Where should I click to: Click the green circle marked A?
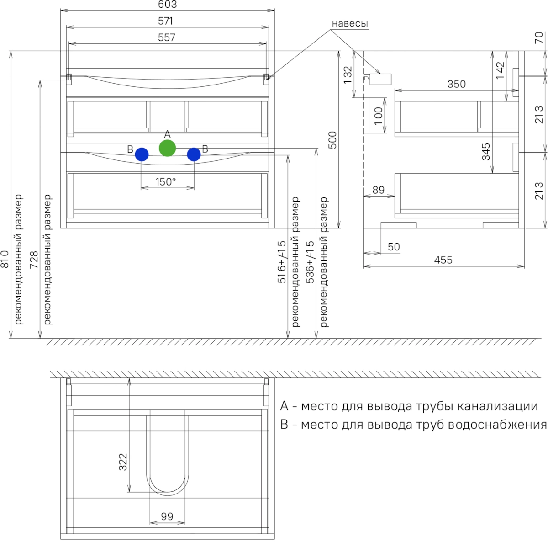click(x=167, y=148)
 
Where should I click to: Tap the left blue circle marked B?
click(x=142, y=154)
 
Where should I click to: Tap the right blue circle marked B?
click(x=194, y=154)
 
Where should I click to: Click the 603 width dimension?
click(x=167, y=5)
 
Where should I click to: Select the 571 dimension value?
click(x=166, y=21)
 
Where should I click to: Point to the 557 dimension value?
click(x=166, y=37)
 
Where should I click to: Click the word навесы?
click(x=350, y=24)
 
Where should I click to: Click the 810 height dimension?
click(x=5, y=259)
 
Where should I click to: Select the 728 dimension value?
click(x=34, y=259)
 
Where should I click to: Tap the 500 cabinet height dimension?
click(x=332, y=140)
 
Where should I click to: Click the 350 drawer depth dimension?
click(x=456, y=84)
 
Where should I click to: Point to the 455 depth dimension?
click(x=443, y=260)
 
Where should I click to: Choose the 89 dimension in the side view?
click(x=378, y=190)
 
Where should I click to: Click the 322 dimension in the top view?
click(x=123, y=462)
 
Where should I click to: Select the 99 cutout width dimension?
click(x=167, y=516)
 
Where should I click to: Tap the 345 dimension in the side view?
click(x=486, y=152)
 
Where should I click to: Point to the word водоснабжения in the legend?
click(x=498, y=425)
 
